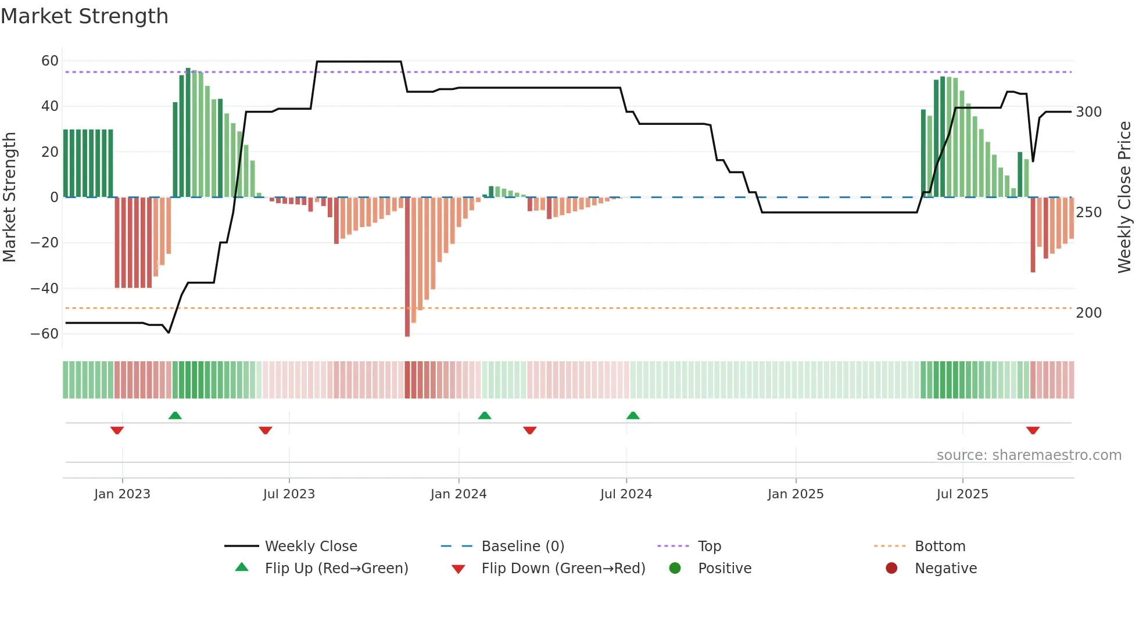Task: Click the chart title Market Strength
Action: tap(84, 16)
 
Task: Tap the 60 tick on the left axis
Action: tap(50, 61)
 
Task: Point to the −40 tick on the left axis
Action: tap(45, 289)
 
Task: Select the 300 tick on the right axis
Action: tap(1088, 112)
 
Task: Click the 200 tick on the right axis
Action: tap(1088, 313)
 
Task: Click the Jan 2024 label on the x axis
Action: tap(459, 494)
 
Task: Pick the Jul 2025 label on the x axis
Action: tap(962, 494)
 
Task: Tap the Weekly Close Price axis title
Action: tap(1124, 197)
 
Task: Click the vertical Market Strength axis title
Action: tap(9, 197)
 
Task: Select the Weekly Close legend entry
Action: tap(311, 546)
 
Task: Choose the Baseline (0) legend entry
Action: tap(522, 546)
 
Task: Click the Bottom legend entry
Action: tap(940, 546)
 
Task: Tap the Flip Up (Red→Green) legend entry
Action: tap(336, 569)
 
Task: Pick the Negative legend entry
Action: tap(945, 569)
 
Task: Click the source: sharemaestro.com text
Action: tap(1029, 455)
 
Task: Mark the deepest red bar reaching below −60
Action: tap(407, 267)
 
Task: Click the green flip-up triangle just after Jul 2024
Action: tap(633, 415)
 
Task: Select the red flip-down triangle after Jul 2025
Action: tap(1033, 430)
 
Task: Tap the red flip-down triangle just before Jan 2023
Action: tap(117, 430)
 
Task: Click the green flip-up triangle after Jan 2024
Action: tap(485, 415)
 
